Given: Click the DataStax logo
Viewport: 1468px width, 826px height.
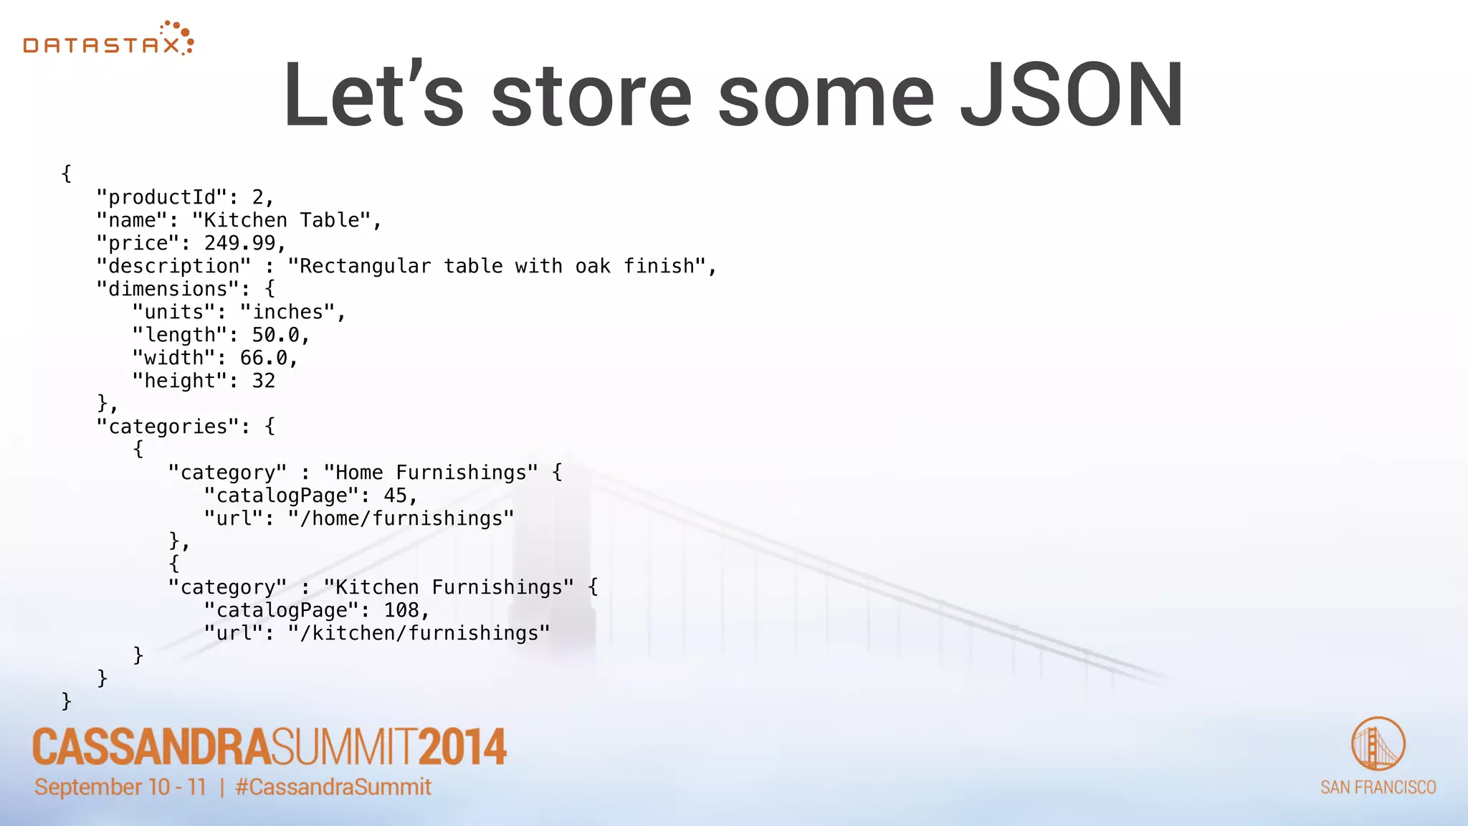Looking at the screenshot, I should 108,39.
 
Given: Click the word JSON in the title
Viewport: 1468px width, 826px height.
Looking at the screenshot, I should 1072,95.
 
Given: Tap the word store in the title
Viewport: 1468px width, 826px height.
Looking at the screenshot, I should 591,95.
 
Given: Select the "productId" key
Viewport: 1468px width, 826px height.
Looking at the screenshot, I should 161,197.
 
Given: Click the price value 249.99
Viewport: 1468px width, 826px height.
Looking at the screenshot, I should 239,243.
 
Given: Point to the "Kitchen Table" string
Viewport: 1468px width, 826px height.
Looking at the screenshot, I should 281,220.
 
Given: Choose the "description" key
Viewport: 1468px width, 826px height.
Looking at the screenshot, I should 173,266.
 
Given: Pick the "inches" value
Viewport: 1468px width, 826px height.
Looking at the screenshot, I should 287,312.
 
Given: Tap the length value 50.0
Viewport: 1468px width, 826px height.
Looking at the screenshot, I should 275,335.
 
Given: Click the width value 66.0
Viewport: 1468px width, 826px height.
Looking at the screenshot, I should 263,358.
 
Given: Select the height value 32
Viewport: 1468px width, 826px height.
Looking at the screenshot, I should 263,381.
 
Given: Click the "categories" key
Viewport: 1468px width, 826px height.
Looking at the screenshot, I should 168,427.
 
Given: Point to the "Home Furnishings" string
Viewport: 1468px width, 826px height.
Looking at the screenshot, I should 430,473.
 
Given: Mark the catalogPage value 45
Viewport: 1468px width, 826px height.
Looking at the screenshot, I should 395,495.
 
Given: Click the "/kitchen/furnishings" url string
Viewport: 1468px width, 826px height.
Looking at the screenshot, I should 419,633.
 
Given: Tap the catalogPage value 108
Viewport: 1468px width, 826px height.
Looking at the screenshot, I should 401,610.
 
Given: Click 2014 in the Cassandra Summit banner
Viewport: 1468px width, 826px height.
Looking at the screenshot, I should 462,746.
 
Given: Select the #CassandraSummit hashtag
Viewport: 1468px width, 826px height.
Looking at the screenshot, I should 333,787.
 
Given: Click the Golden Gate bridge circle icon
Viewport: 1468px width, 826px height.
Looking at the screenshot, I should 1378,744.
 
